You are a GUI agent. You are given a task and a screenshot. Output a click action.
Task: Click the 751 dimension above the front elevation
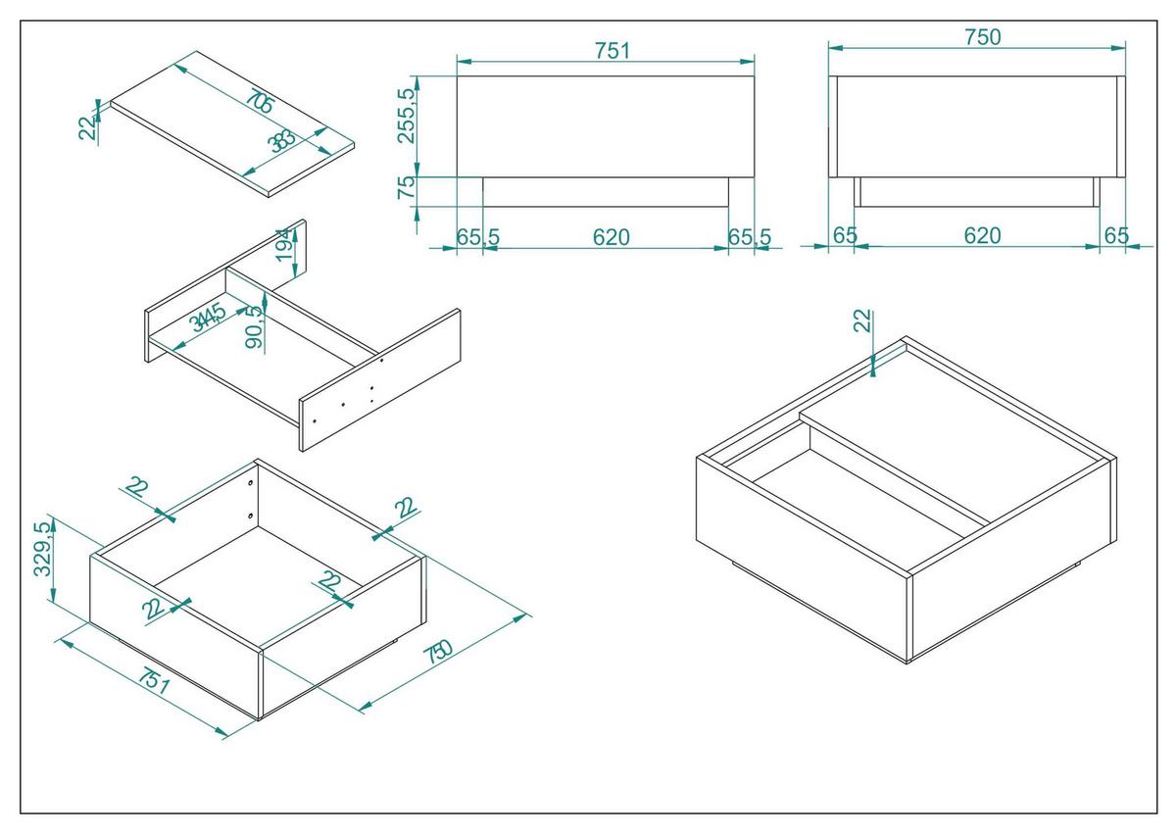pos(612,50)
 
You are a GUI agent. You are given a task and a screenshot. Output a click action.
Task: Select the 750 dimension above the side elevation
pos(982,37)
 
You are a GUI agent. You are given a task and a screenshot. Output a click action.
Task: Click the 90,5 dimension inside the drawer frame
pos(255,325)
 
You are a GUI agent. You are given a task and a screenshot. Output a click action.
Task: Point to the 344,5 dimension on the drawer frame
pos(208,318)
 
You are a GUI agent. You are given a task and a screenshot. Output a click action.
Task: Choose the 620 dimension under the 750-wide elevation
pos(982,235)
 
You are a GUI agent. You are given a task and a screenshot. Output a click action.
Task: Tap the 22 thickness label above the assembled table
pos(861,320)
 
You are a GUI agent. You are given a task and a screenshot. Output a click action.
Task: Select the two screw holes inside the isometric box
pos(251,499)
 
